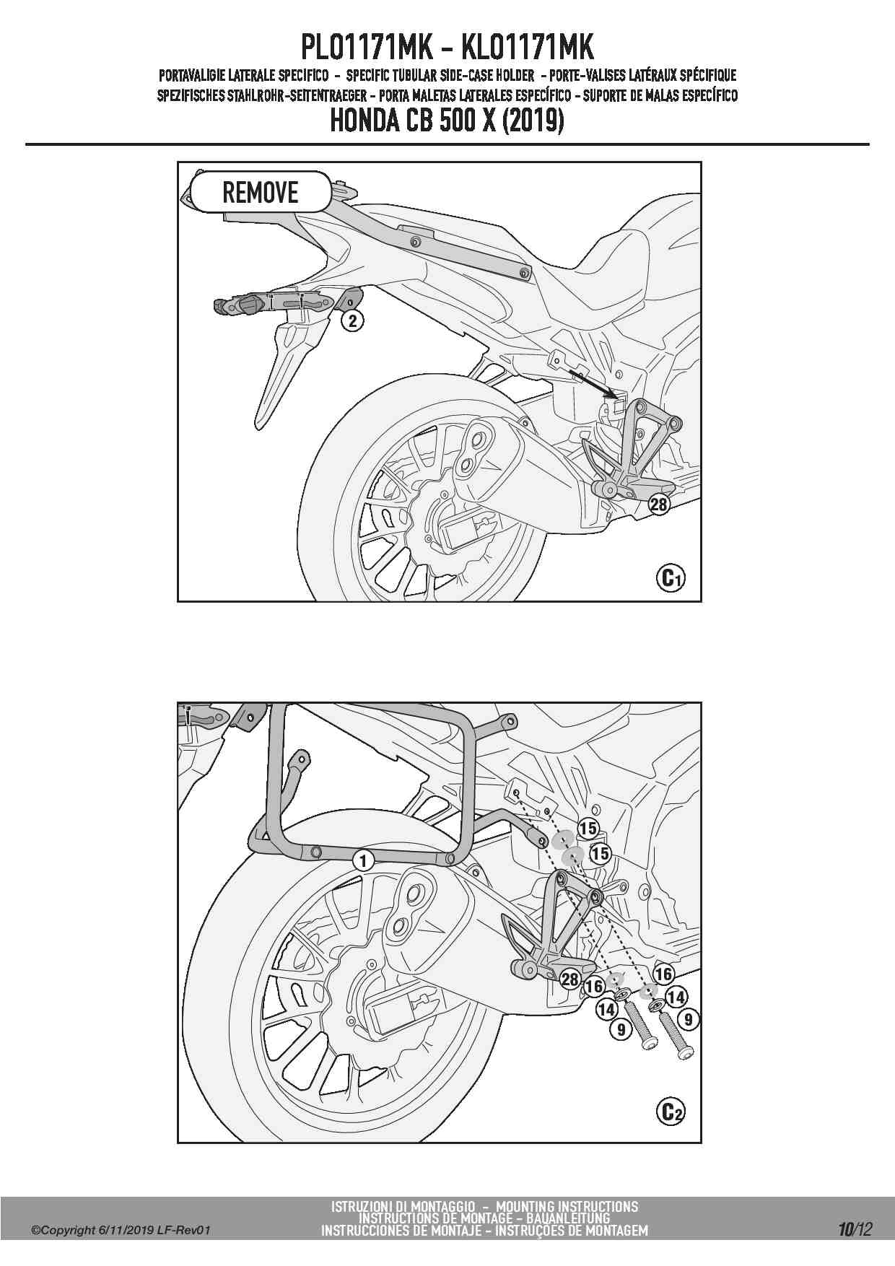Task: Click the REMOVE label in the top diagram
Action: (x=260, y=192)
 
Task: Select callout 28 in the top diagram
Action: (x=659, y=505)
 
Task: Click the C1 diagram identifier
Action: (x=670, y=577)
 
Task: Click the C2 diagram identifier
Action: (x=670, y=1112)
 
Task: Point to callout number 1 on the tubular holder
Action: (x=363, y=860)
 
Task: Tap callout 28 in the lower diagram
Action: (x=570, y=979)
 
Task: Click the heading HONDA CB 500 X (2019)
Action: (x=447, y=121)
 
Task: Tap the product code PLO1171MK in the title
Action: (x=366, y=48)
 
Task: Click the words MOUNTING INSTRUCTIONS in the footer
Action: (x=567, y=1206)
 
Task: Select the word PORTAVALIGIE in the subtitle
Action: (x=203, y=75)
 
